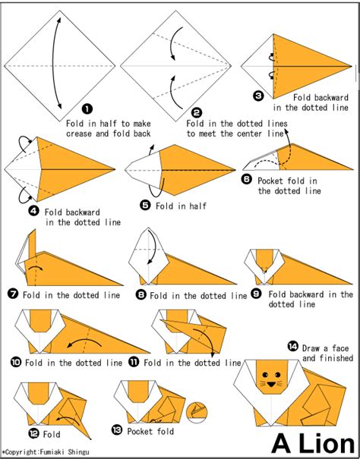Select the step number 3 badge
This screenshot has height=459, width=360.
click(x=258, y=96)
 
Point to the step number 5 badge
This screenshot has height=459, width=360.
click(x=144, y=204)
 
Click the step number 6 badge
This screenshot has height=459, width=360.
click(x=247, y=180)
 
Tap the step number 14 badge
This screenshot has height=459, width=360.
click(x=293, y=346)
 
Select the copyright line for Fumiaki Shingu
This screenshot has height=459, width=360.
click(x=47, y=453)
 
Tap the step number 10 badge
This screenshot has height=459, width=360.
click(x=14, y=363)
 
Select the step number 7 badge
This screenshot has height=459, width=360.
click(x=14, y=294)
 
